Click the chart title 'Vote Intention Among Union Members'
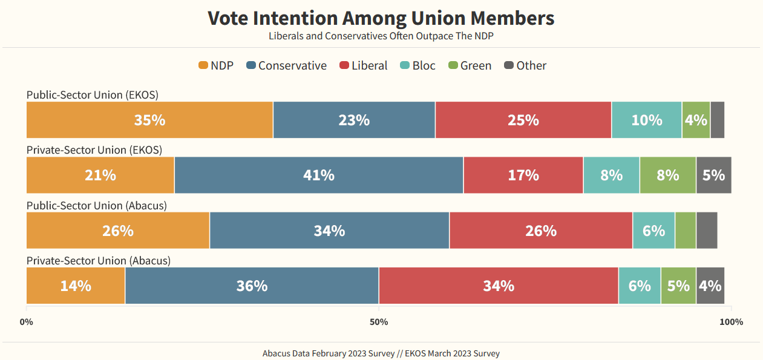click(x=381, y=18)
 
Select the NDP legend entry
click(x=216, y=65)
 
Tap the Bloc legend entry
click(x=418, y=65)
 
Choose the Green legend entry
click(x=470, y=65)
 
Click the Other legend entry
click(x=525, y=65)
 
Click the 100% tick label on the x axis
click(x=731, y=322)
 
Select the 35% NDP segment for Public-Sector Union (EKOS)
click(x=149, y=120)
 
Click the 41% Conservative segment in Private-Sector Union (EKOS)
click(x=319, y=175)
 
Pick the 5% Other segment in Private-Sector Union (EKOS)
click(x=713, y=175)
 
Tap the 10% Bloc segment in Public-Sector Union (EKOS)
click(x=646, y=120)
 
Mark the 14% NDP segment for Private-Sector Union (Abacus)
click(x=76, y=286)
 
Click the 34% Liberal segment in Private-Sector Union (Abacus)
click(x=498, y=286)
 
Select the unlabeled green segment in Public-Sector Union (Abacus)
click(x=685, y=231)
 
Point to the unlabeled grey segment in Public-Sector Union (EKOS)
click(x=717, y=120)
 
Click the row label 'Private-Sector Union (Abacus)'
click(x=99, y=261)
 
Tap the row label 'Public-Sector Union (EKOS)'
click(x=93, y=95)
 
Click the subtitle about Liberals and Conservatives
click(x=381, y=36)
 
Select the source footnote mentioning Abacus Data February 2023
click(x=381, y=353)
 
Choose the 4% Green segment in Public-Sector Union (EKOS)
click(x=696, y=120)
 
